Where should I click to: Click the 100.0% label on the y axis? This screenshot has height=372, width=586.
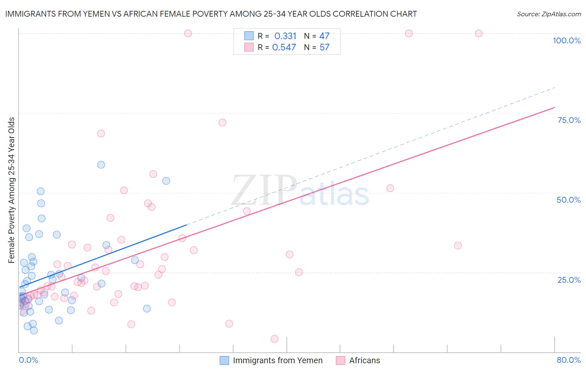pyautogui.click(x=566, y=40)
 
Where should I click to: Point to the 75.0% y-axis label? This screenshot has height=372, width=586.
pyautogui.click(x=569, y=120)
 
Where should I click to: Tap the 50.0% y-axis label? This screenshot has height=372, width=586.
pyautogui.click(x=568, y=200)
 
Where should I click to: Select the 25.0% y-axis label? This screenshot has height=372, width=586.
pyautogui.click(x=569, y=280)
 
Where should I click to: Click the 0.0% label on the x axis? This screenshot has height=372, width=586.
pyautogui.click(x=28, y=360)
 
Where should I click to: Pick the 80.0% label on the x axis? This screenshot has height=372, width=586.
pyautogui.click(x=568, y=360)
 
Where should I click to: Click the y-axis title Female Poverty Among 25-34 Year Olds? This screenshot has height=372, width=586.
pyautogui.click(x=12, y=190)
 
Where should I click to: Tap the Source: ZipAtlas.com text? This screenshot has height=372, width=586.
pyautogui.click(x=548, y=14)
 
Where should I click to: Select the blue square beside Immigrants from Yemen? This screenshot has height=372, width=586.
pyautogui.click(x=224, y=360)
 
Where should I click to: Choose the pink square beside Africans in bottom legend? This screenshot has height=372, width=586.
pyautogui.click(x=341, y=360)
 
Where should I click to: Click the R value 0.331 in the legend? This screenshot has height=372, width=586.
pyautogui.click(x=285, y=36)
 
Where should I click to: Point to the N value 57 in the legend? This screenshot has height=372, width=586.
pyautogui.click(x=324, y=48)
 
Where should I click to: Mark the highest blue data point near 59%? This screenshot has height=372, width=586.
pyautogui.click(x=101, y=165)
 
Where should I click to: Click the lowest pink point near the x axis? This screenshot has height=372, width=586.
pyautogui.click(x=274, y=339)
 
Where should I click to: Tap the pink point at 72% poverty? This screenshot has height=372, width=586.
pyautogui.click(x=222, y=123)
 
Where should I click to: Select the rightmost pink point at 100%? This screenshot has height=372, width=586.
pyautogui.click(x=478, y=33)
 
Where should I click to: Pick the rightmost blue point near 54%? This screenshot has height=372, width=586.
pyautogui.click(x=166, y=181)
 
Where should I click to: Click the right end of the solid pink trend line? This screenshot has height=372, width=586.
pyautogui.click(x=554, y=108)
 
